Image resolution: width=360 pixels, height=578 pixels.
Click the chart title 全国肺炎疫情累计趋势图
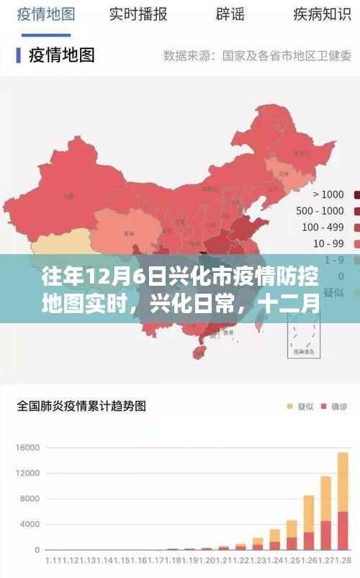click(81, 406)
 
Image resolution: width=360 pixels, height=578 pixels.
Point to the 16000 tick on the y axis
click(25, 448)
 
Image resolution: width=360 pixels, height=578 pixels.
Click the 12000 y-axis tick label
click(25, 473)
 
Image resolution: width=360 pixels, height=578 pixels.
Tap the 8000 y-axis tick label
click(28, 498)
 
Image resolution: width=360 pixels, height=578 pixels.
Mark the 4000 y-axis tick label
click(28, 523)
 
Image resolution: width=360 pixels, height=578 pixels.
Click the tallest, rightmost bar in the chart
click(342, 500)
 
